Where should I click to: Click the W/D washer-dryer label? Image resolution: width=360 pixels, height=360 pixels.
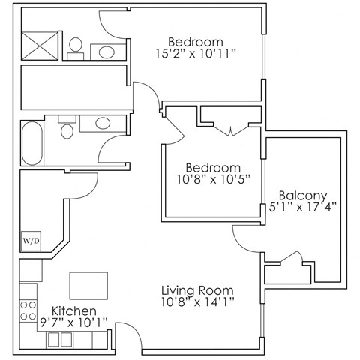click(x=30, y=241)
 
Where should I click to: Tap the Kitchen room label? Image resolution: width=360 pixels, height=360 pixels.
click(x=73, y=310)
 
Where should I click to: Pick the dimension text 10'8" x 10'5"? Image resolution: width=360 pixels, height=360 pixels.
click(x=214, y=179)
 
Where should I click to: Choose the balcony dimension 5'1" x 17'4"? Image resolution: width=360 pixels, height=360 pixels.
click(x=303, y=204)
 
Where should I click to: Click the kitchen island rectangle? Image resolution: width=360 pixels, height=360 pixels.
click(x=88, y=285)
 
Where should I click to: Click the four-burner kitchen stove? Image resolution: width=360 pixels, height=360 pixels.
click(x=28, y=310)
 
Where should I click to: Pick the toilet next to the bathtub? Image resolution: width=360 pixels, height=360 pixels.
click(x=67, y=132)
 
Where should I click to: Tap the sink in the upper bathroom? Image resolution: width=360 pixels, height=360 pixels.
click(x=106, y=52)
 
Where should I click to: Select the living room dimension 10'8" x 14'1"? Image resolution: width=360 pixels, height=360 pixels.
click(x=199, y=303)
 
